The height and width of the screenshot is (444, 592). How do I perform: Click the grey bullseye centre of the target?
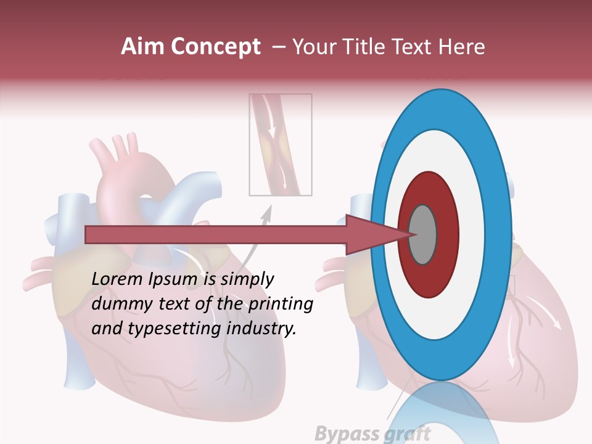423,235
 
